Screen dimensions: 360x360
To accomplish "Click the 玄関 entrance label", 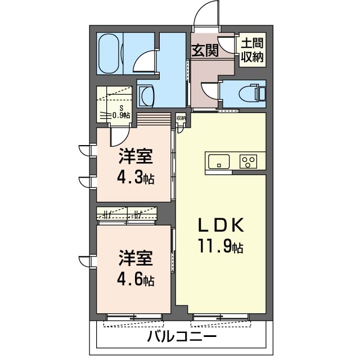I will point(205,51).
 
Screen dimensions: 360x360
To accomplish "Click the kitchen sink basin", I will point(218,161).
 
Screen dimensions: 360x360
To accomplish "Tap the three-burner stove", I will point(247,161).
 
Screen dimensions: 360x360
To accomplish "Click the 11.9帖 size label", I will point(220,246).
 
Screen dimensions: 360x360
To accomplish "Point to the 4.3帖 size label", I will point(136,178).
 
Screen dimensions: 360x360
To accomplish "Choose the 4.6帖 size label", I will point(136,280).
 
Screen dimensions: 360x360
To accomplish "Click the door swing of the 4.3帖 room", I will point(120,136).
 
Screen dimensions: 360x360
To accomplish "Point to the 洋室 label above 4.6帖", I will point(136,259).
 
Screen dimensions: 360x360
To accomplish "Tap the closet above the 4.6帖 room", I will point(127,214).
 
